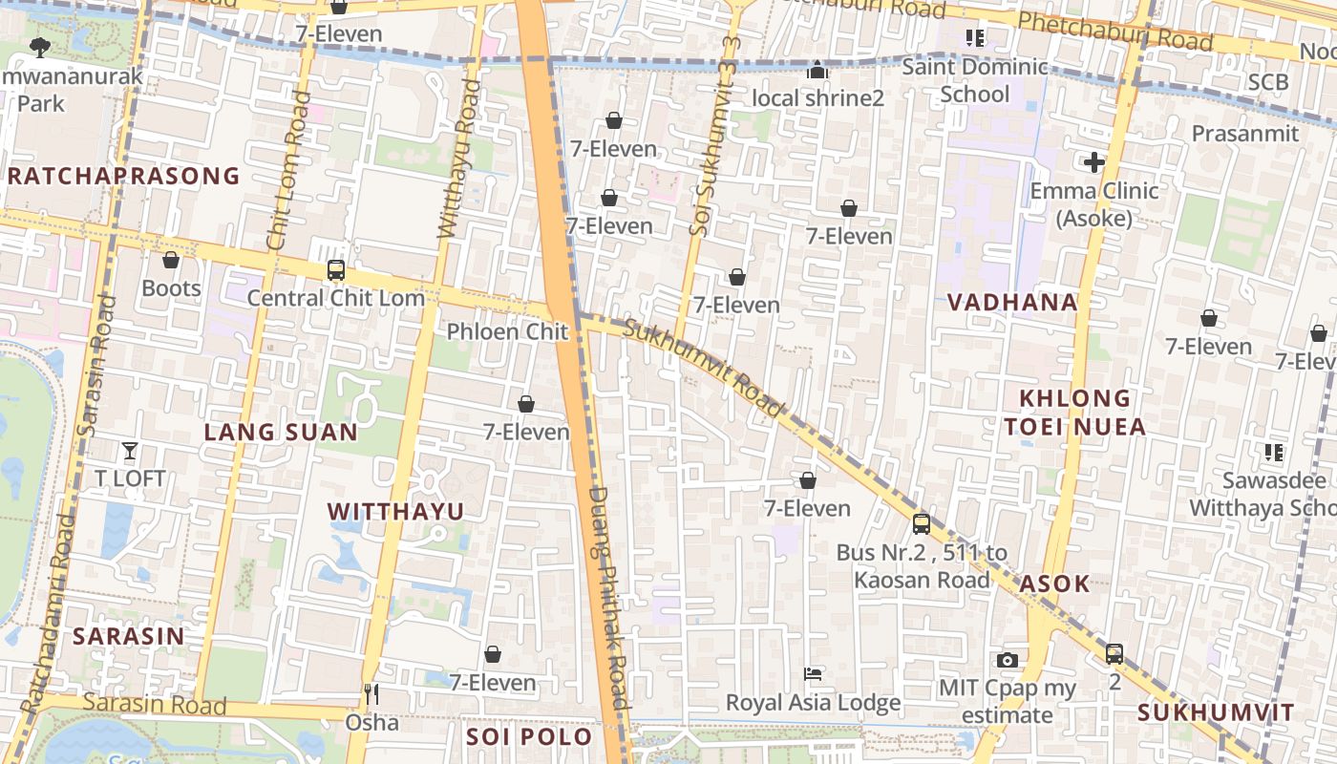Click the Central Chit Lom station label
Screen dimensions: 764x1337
click(335, 298)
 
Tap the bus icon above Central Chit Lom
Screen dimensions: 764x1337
click(335, 270)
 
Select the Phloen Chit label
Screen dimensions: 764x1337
click(508, 331)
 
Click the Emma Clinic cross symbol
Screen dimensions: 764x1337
click(1094, 162)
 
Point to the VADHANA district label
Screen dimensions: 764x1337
click(1012, 303)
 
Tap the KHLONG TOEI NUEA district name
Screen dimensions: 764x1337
click(1074, 413)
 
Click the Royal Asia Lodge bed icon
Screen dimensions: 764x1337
click(813, 674)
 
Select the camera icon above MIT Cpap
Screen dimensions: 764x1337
click(1007, 660)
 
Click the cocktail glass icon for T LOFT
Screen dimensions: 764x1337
click(130, 451)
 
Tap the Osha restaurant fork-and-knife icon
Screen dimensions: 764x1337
click(371, 694)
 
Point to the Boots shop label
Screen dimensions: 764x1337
click(171, 288)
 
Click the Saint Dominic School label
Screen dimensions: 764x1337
click(974, 80)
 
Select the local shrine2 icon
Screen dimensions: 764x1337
click(817, 70)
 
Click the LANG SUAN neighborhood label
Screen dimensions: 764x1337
click(281, 433)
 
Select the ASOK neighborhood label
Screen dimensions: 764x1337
click(1054, 584)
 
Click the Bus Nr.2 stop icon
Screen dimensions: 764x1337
click(921, 523)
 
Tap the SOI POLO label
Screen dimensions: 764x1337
click(529, 737)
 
